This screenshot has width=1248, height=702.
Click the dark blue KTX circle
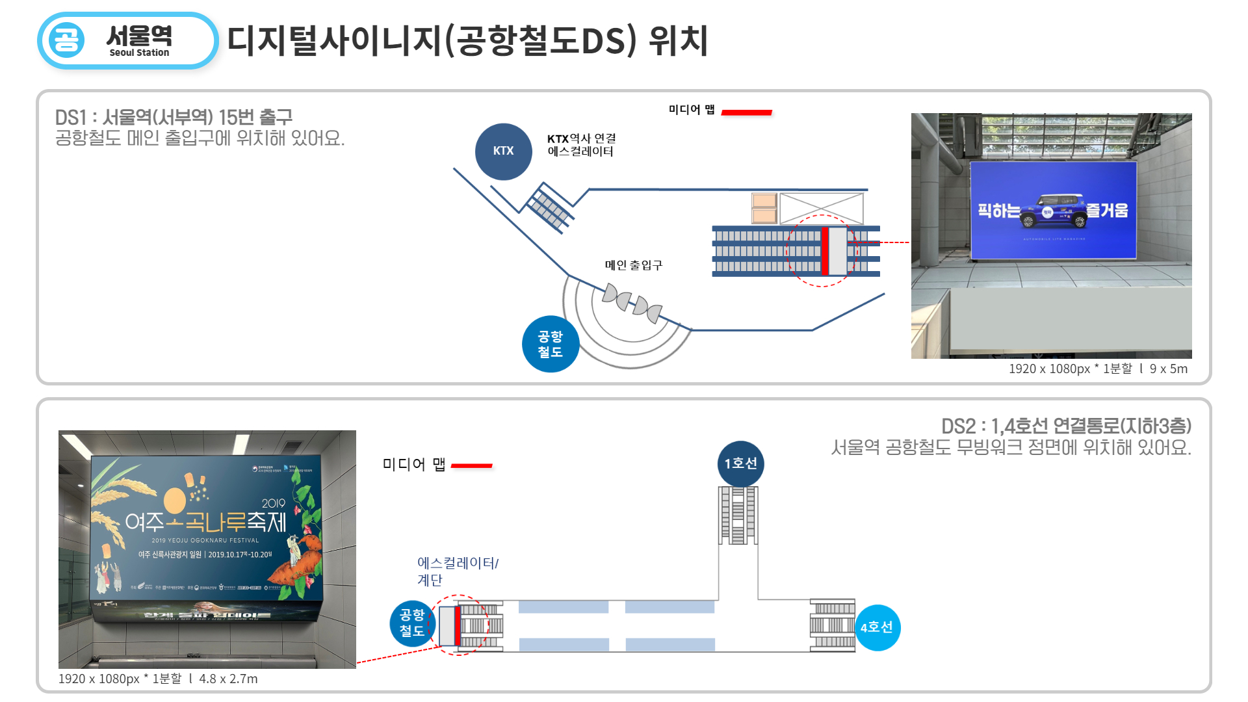click(x=503, y=151)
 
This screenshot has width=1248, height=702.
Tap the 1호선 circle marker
click(x=740, y=463)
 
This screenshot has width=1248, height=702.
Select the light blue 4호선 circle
click(x=877, y=627)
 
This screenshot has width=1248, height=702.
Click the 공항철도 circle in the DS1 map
click(x=550, y=344)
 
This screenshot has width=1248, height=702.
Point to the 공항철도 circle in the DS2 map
click(x=411, y=623)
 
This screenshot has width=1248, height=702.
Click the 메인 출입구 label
click(x=633, y=265)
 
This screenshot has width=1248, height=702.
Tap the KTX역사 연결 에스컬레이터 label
click(x=581, y=145)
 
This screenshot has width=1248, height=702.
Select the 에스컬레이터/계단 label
click(x=457, y=571)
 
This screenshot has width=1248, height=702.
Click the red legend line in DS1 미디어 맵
click(x=746, y=112)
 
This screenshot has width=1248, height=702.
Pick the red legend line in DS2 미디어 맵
click(x=471, y=465)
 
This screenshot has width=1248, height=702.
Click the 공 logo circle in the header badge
click(x=66, y=40)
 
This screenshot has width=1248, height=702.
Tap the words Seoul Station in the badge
click(x=139, y=53)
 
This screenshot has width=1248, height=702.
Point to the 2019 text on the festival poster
click(x=273, y=503)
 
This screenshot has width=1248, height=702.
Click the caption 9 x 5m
click(x=1168, y=369)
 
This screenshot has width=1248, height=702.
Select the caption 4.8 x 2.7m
click(x=228, y=679)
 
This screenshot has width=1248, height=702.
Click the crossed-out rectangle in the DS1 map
click(x=821, y=208)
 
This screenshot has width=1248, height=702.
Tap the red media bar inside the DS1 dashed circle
click(x=824, y=251)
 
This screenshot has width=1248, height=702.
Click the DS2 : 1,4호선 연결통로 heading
click(x=1066, y=426)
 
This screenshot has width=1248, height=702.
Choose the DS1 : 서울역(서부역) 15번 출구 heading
click(x=174, y=117)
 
